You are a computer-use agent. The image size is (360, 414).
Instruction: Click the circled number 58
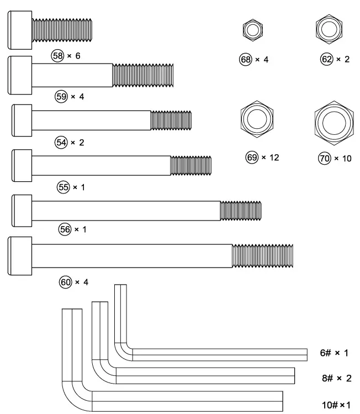(x=57, y=56)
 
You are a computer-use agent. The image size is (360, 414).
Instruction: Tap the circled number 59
(x=61, y=97)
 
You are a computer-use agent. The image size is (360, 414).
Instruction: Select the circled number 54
(x=61, y=143)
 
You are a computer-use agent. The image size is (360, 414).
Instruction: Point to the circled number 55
(x=63, y=187)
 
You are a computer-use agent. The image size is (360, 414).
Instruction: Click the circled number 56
(x=65, y=229)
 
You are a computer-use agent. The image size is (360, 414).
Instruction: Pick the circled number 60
(x=66, y=282)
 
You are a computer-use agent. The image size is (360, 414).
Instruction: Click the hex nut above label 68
(x=253, y=30)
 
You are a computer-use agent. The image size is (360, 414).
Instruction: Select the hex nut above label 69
(x=258, y=119)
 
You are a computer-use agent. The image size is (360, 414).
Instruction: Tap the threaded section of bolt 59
(x=144, y=75)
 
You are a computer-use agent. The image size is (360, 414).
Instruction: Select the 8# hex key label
(x=335, y=379)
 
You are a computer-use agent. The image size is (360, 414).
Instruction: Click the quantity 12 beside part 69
(x=273, y=158)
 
